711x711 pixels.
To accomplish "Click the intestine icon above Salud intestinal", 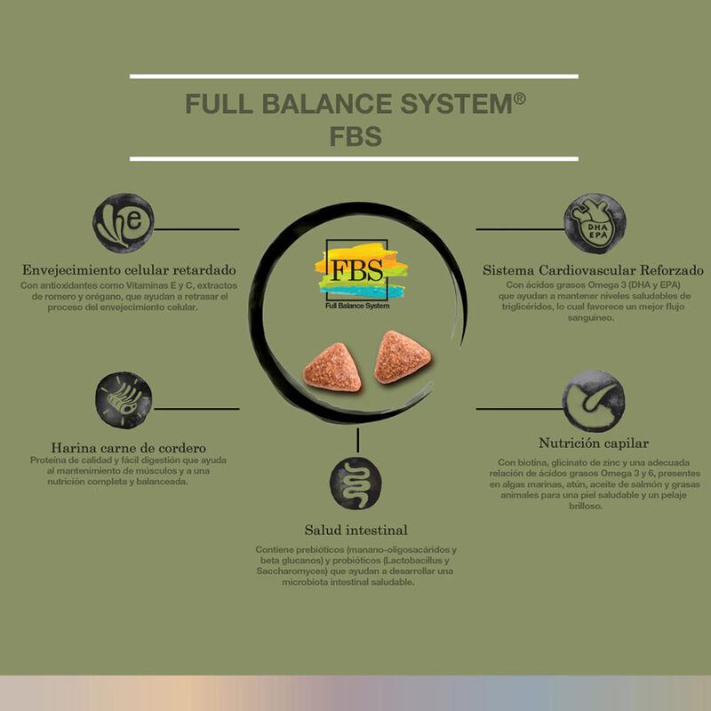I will [355, 485].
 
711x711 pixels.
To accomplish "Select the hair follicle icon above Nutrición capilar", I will [594, 401].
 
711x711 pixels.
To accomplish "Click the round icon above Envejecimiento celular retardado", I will [124, 223].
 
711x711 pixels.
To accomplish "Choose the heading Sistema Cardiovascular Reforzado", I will [593, 269].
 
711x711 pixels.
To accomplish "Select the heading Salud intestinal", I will [355, 531].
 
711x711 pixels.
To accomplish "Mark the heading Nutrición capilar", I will [594, 443].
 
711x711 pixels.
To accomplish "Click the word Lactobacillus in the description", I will [420, 561].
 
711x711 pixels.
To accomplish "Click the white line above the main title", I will [354, 76].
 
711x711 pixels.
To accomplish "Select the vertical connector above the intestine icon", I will [358, 439].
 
